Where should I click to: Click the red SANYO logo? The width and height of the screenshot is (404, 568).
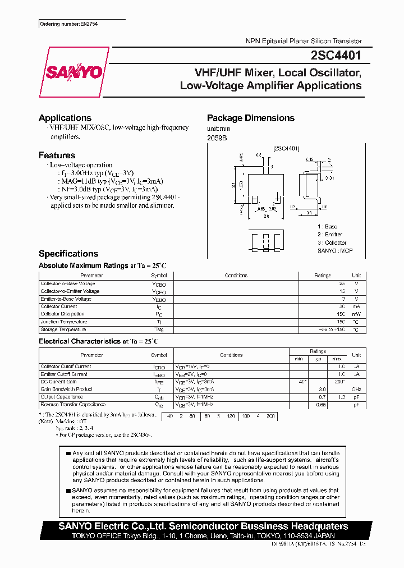tap(74, 72)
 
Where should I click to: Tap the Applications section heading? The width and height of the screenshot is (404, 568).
tap(65, 118)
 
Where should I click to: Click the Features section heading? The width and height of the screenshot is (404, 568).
tap(57, 155)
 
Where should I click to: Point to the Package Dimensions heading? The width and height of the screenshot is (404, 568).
tap(250, 118)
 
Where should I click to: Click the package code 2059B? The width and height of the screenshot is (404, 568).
tap(217, 138)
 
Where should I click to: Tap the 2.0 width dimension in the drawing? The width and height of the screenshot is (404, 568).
tap(267, 216)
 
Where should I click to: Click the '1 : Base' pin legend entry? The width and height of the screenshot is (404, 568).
tap(328, 226)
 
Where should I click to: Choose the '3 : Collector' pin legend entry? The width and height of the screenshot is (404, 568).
tap(332, 242)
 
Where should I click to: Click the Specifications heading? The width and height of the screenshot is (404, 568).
tap(68, 254)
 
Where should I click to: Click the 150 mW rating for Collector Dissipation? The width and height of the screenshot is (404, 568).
tap(341, 314)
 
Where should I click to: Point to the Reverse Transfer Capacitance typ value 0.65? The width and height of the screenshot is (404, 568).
tap(321, 405)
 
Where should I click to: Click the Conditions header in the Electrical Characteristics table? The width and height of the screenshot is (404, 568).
tap(231, 355)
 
